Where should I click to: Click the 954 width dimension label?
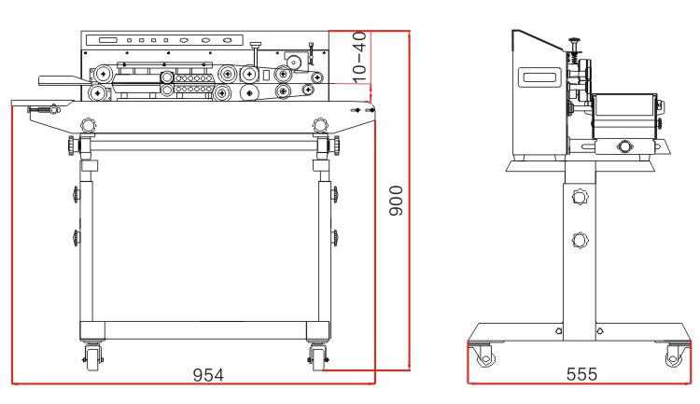[208, 375]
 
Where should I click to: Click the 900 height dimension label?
[396, 201]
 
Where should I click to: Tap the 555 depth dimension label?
[581, 374]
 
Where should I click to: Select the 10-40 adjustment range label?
[359, 58]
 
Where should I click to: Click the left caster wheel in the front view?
[92, 356]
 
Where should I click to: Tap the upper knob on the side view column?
[580, 197]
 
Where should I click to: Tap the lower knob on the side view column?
[580, 240]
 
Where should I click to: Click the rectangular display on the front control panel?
[108, 40]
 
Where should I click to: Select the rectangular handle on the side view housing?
[539, 77]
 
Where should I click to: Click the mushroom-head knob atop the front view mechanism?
[256, 45]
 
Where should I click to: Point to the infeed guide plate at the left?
[63, 80]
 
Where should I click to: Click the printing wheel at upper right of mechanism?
[293, 62]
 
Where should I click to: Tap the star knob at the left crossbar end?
[72, 146]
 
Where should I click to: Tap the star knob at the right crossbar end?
[335, 146]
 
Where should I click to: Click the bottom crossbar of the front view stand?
[205, 330]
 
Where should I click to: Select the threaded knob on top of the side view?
[575, 43]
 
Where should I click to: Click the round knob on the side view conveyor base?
[623, 146]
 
